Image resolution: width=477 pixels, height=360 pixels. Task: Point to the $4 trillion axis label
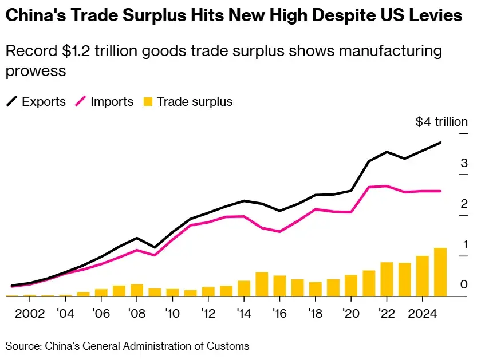click(441, 122)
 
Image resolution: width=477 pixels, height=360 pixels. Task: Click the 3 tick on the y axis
click(464, 164)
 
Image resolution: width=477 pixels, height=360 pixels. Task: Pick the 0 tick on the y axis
click(464, 284)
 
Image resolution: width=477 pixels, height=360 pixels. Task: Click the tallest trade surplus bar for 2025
click(440, 272)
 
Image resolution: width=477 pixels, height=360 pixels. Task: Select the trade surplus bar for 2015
click(261, 284)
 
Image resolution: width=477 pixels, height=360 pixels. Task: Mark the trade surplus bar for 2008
click(137, 290)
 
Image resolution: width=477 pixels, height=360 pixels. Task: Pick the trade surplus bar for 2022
click(387, 279)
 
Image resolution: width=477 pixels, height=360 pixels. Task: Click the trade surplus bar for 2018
click(315, 289)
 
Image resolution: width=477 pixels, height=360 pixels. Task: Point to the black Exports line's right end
click(440, 143)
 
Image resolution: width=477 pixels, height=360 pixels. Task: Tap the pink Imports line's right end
click(440, 191)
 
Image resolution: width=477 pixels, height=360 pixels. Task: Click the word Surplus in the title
click(153, 16)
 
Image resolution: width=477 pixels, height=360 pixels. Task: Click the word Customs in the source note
click(229, 346)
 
